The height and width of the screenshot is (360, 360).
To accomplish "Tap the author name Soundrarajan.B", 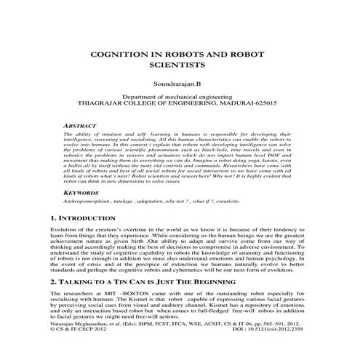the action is pyautogui.click(x=180, y=85).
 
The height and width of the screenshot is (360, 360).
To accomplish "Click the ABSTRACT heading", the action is pyautogui.click(x=81, y=126).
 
